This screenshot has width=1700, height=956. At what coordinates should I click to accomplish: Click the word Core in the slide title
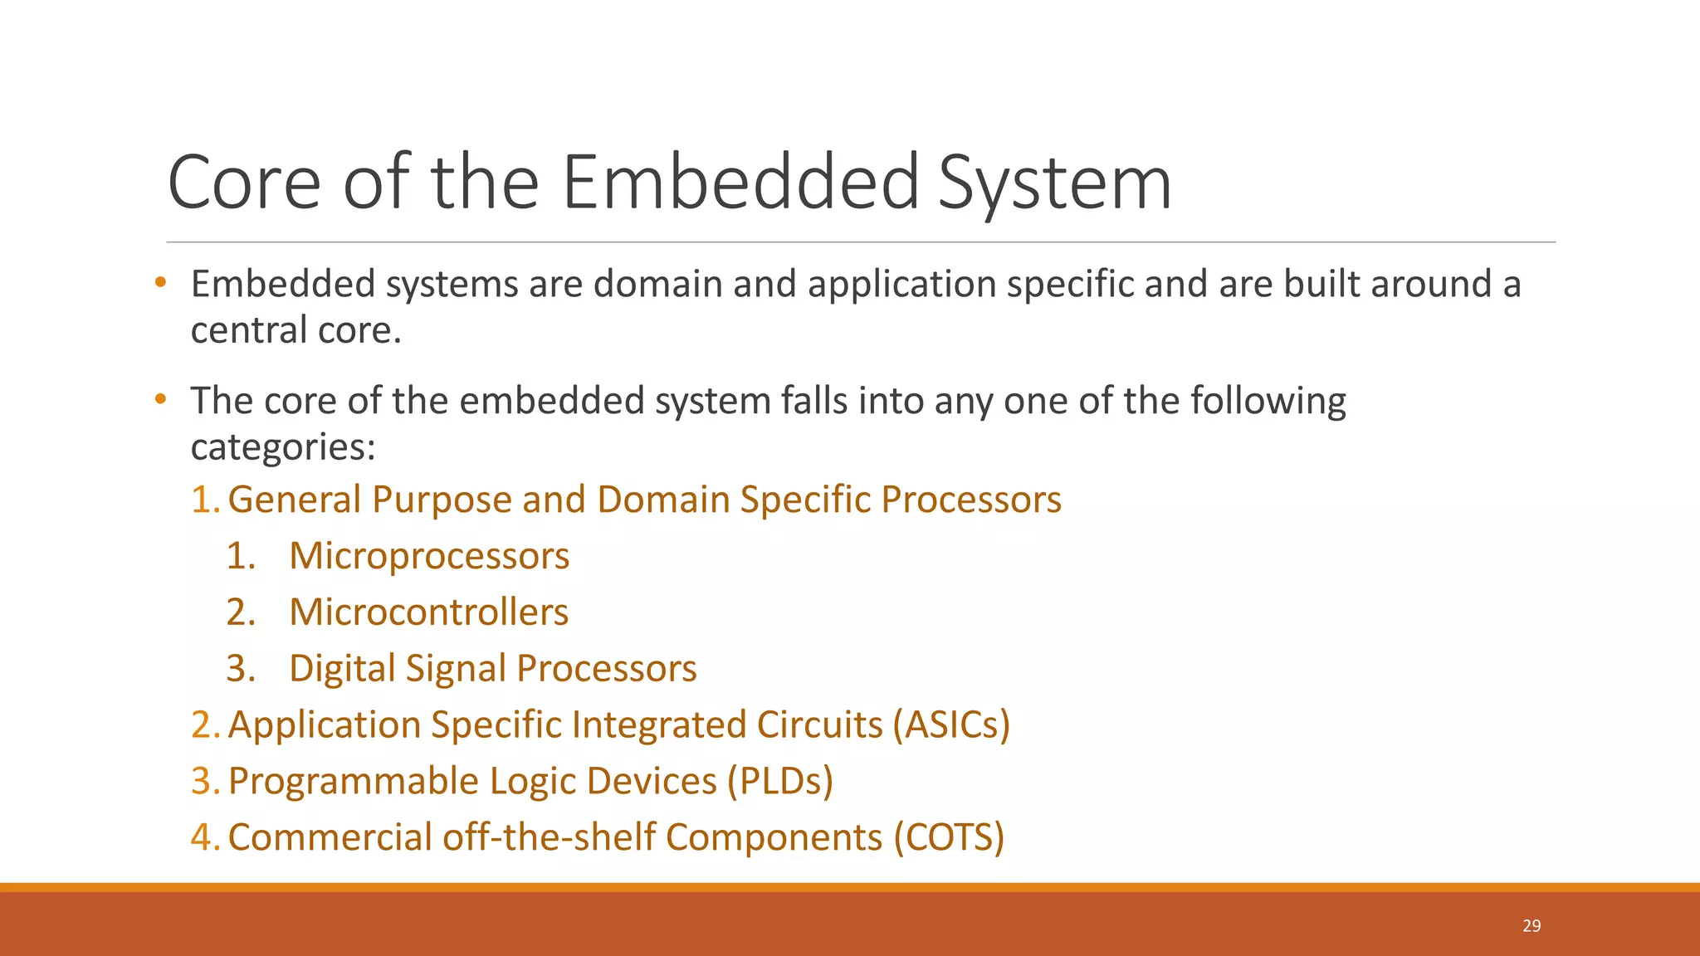pos(244,183)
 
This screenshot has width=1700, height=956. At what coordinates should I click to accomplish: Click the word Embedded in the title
pos(740,183)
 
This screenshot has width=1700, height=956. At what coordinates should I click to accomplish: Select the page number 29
pos(1531,925)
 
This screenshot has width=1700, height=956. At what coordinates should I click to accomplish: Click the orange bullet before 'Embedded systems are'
pos(161,283)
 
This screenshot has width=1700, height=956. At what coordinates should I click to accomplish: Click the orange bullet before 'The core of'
pos(161,400)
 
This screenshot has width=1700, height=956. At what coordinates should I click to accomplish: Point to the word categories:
pos(283,447)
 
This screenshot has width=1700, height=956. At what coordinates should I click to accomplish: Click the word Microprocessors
pos(429,556)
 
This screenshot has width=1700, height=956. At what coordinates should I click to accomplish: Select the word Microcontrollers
pos(428,612)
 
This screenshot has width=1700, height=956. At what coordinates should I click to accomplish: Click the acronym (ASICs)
pos(951,724)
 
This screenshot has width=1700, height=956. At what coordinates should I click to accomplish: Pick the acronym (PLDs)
pos(779,781)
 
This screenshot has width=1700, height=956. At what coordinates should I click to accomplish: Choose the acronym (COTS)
pos(949,837)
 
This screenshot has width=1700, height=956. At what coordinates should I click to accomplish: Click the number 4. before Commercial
pos(204,837)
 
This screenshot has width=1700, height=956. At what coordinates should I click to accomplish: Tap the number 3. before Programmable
pos(204,781)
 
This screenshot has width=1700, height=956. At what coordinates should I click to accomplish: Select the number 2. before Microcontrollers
pos(241,612)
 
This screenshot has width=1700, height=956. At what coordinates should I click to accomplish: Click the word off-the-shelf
pos(549,837)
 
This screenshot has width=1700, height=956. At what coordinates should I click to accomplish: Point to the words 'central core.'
pos(296,330)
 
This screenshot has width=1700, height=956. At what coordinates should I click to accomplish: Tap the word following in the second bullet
pos(1268,402)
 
